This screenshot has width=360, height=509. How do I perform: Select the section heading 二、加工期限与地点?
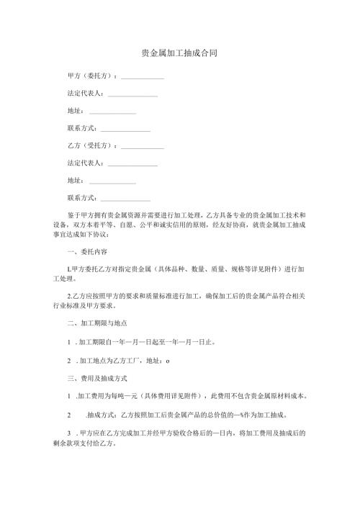pyautogui.click(x=96, y=322)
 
